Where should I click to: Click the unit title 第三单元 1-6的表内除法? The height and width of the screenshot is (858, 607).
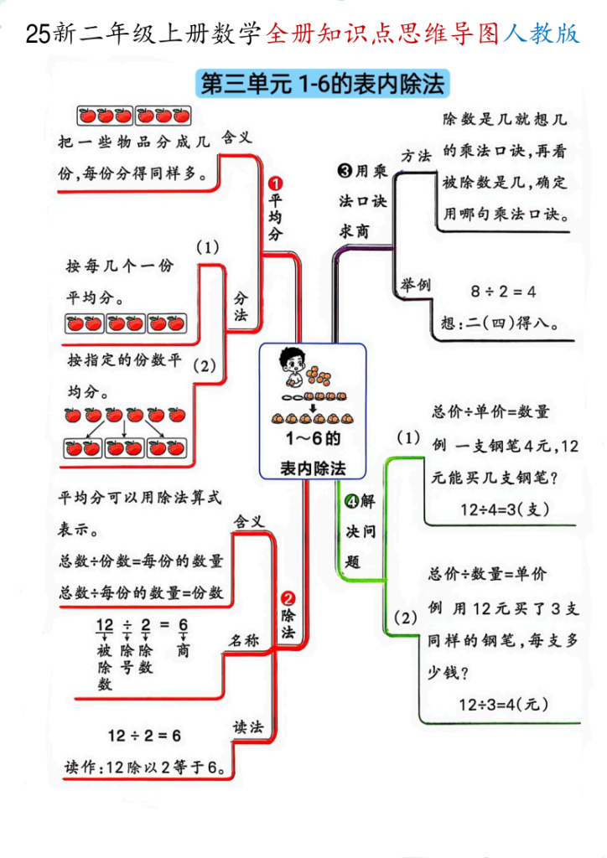322,85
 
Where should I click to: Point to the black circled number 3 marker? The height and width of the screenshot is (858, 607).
344,172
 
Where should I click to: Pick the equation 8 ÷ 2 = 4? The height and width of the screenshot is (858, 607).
503,292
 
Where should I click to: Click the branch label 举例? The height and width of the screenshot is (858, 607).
414,285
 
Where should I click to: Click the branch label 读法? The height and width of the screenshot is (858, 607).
248,726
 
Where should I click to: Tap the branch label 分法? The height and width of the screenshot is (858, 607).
241,306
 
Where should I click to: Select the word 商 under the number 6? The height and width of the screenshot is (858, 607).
183,650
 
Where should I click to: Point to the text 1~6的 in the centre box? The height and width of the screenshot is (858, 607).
312,438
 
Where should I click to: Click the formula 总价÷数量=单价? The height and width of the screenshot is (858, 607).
487,574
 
